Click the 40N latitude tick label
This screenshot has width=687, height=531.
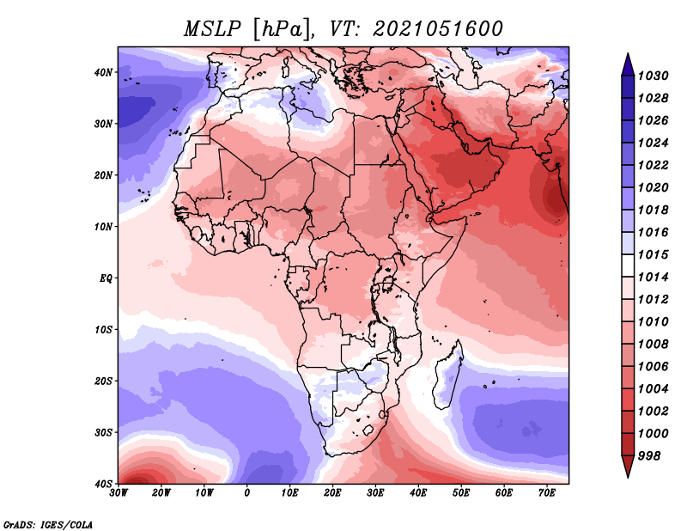pos(103,72)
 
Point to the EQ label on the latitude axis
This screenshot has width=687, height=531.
pos(106,278)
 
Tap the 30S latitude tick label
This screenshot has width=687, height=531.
pos(103,433)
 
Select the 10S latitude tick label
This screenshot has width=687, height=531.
pos(103,330)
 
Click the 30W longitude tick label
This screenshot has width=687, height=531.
pos(119,493)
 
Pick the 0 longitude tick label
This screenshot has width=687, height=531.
pos(247,493)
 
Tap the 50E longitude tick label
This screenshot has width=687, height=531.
pos(461,493)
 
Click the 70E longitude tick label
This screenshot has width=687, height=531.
pos(547,493)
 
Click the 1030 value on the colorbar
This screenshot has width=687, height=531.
pos(653,76)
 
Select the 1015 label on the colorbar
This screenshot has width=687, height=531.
pos(653,254)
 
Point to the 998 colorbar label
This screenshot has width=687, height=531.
pos(649,456)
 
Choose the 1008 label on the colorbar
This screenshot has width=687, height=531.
pos(653,345)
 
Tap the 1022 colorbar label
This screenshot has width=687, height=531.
pos(653,165)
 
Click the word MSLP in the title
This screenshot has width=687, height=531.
pos(212,29)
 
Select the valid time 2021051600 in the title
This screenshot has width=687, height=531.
pos(438,29)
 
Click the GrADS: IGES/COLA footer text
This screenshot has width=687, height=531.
pos(48,525)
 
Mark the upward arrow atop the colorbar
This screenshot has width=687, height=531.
pos(628,64)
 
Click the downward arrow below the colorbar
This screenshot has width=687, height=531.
pos(628,467)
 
